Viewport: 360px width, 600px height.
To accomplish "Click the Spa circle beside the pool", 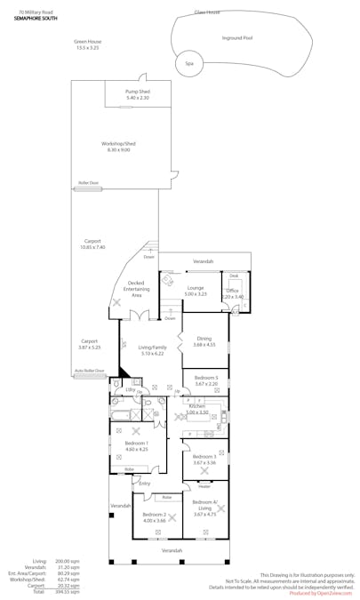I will pos(188,64).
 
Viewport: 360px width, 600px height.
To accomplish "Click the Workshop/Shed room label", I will pos(118,147).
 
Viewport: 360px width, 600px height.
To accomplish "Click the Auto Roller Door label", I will pos(89,371).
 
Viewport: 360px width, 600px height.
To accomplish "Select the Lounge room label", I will pos(196,291).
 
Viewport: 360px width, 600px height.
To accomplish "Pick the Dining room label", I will pos(204,340).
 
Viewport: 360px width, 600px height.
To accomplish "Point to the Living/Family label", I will pos(151,350).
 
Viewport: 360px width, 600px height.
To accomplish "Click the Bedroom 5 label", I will pos(205,380).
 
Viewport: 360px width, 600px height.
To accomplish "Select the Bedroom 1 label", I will pos(136,445).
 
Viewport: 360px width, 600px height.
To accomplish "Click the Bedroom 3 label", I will pos(204,460).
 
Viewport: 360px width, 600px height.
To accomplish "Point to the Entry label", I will pos(145,484).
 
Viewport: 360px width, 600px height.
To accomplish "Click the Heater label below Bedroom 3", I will pos(204,486).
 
